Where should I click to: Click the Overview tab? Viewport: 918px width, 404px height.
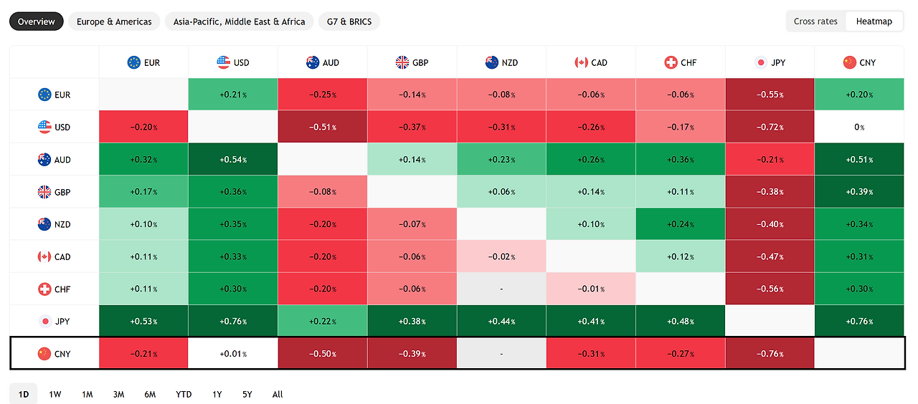tap(37, 21)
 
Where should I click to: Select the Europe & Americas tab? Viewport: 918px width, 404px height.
tap(114, 21)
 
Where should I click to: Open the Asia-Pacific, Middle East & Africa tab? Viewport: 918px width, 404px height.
tap(239, 21)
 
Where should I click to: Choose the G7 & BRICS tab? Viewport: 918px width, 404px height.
tap(349, 21)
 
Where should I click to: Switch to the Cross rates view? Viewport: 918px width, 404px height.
tap(815, 21)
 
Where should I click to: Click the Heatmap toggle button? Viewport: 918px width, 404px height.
tap(874, 21)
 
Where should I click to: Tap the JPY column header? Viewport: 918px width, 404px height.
tap(770, 62)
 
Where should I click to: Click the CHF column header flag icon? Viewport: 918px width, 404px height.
tap(671, 62)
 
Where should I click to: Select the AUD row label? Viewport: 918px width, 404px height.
tap(54, 159)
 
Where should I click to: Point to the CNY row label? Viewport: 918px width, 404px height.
tap(54, 354)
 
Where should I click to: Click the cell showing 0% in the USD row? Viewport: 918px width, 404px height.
tap(859, 127)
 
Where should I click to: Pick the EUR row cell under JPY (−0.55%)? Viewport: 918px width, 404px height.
tap(770, 95)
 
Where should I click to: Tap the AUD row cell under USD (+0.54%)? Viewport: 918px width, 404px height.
tap(233, 159)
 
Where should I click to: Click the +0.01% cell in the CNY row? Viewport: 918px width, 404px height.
tap(233, 354)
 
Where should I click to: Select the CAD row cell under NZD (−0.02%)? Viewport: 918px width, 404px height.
tap(501, 256)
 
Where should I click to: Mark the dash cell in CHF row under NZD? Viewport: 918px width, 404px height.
tap(501, 289)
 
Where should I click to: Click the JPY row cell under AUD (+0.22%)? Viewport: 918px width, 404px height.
tap(323, 322)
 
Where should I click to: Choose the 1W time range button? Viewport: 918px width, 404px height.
tap(55, 394)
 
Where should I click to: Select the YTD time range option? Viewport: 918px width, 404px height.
tap(184, 394)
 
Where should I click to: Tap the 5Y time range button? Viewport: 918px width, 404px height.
tap(247, 394)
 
